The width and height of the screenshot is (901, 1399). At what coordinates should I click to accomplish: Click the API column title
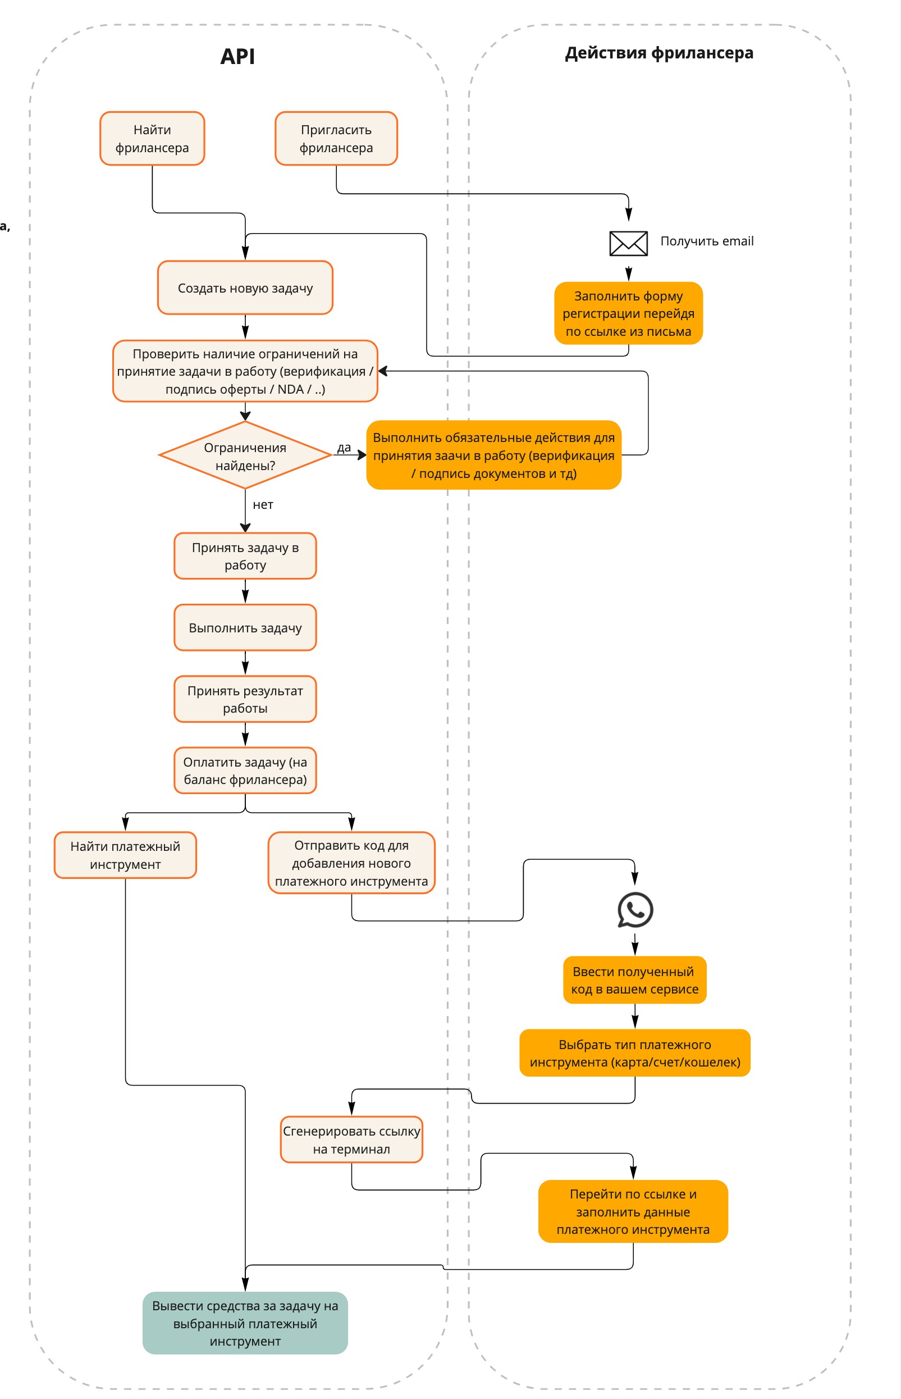(x=237, y=56)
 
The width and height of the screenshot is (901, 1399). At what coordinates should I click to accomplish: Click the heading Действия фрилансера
(x=659, y=53)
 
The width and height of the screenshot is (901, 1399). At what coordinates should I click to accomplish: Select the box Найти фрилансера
(x=152, y=139)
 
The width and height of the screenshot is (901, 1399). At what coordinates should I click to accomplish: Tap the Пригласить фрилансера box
(x=336, y=139)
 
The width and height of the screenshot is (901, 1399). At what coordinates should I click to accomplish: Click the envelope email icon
(x=628, y=244)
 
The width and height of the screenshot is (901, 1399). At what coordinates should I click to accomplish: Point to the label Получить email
(x=707, y=241)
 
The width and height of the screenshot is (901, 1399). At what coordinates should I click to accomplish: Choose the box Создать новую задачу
(x=245, y=288)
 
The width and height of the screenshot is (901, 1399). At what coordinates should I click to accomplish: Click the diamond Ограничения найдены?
(x=245, y=456)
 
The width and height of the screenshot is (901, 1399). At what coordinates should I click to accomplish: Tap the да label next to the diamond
(x=344, y=447)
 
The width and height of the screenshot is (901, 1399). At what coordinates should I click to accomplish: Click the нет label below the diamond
(x=263, y=504)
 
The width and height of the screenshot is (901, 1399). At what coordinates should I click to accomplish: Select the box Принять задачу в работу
(x=245, y=556)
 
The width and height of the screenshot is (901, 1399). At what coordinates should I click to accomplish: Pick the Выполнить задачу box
(x=245, y=628)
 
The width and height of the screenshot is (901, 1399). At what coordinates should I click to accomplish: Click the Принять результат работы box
(x=245, y=700)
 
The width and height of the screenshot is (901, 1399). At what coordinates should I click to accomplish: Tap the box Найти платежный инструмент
(x=125, y=855)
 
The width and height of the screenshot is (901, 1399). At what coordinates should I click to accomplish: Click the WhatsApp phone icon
(x=635, y=910)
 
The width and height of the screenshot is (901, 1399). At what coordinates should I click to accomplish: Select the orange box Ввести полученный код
(x=635, y=981)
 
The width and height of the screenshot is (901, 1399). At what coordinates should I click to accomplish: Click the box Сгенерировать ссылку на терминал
(x=351, y=1140)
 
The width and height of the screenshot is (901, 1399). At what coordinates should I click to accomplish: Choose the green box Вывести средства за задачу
(x=245, y=1323)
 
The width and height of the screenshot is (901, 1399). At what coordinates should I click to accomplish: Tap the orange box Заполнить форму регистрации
(x=628, y=314)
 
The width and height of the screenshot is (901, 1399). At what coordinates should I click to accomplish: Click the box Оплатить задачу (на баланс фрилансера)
(x=245, y=771)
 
